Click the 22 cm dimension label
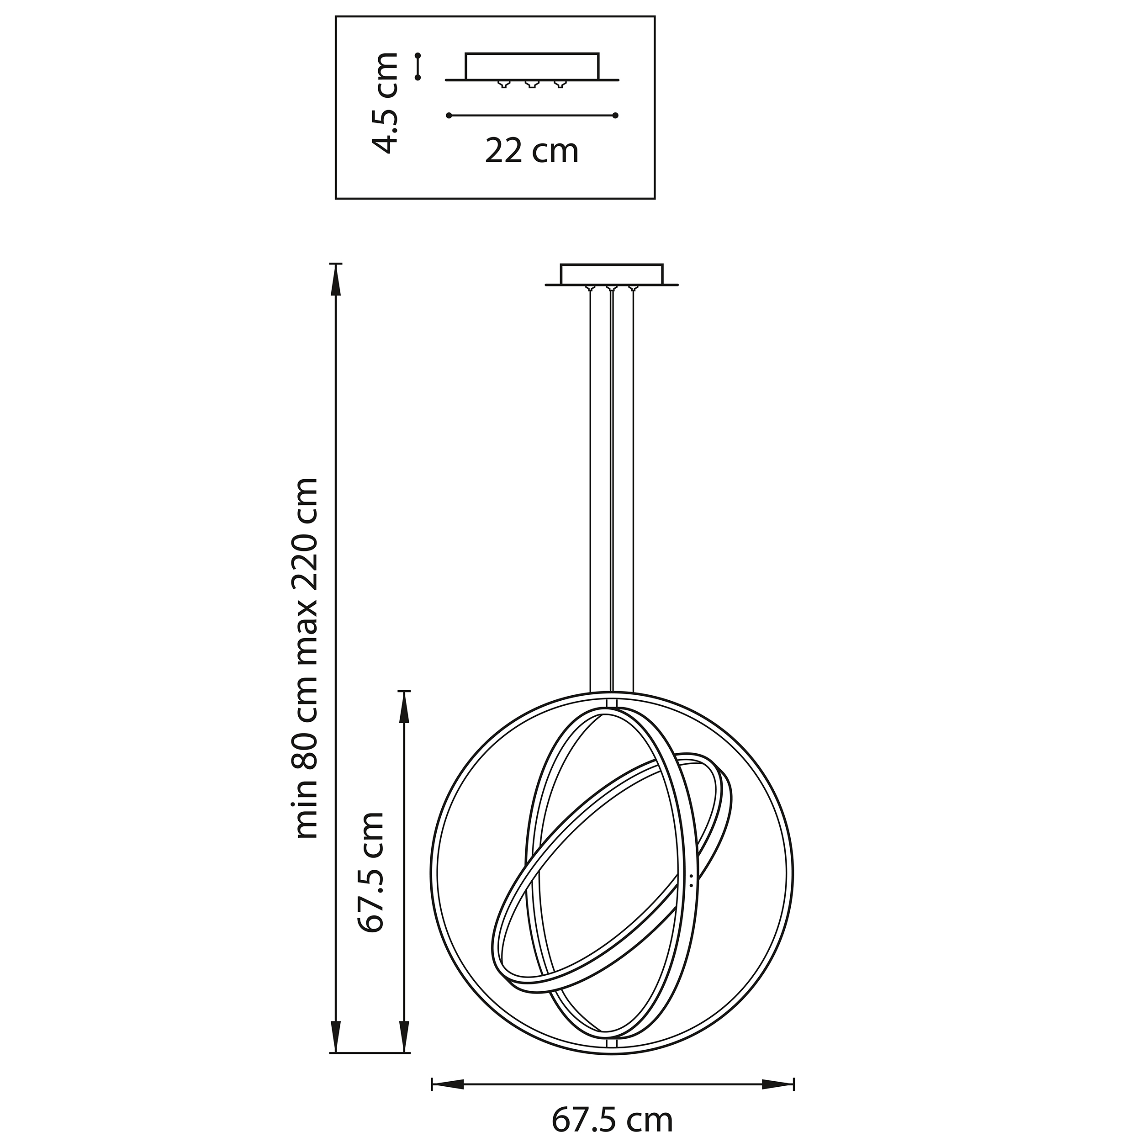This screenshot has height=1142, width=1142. (x=531, y=151)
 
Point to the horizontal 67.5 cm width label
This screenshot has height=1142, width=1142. (x=612, y=1120)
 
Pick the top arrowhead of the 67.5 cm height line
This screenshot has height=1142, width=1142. (x=404, y=708)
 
